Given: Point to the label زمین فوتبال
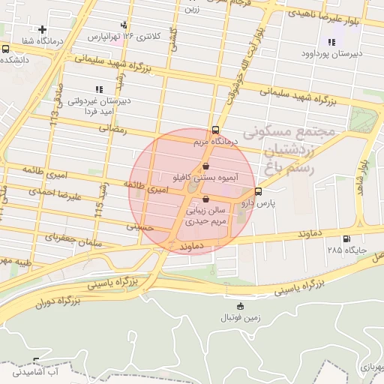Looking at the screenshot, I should pos(239,318).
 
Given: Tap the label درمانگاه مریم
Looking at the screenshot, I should pos(216,141).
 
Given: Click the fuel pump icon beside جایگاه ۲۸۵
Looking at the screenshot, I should pos(346,240).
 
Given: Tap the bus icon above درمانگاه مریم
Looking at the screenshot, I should pos(216,129).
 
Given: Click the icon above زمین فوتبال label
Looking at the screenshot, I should pos(239,306).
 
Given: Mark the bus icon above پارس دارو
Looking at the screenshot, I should pos(258,191).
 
